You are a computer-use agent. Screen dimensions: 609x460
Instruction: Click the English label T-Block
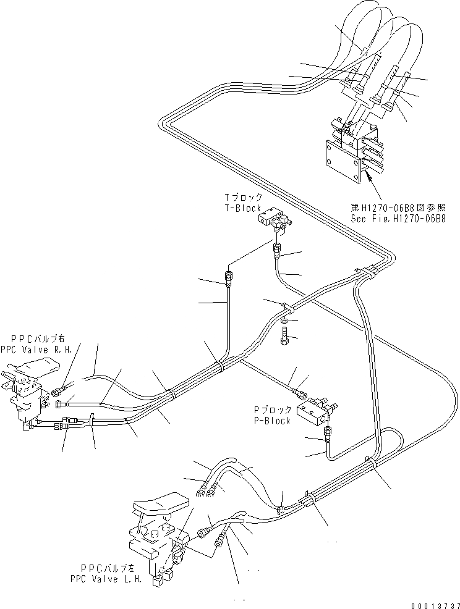tap(242, 209)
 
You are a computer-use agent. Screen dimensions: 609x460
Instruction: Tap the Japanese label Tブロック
tap(242, 198)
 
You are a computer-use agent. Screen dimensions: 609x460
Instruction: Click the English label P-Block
tap(273, 421)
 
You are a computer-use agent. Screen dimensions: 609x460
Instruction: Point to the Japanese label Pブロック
tap(273, 409)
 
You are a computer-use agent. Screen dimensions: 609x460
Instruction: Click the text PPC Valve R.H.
tap(36, 349)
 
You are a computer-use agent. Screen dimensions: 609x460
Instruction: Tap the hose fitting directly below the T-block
tap(276, 250)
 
